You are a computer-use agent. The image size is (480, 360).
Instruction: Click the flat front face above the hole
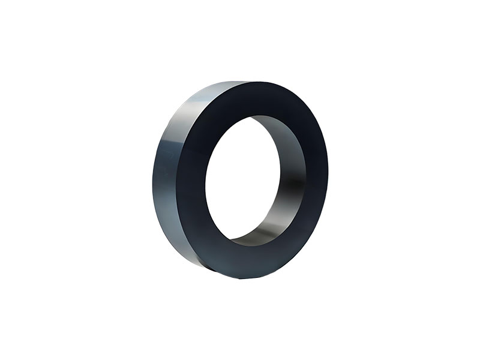[x=258, y=99]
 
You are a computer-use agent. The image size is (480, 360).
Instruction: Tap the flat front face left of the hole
[x=192, y=180]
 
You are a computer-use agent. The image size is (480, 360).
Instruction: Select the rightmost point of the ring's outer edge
[x=328, y=180]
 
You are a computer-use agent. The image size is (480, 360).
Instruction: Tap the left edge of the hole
[x=205, y=180]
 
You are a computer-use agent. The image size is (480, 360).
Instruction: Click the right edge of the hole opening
[x=305, y=180]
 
